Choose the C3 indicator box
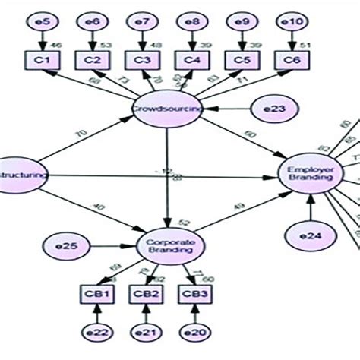[141, 59]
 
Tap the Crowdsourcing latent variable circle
[167, 109]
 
